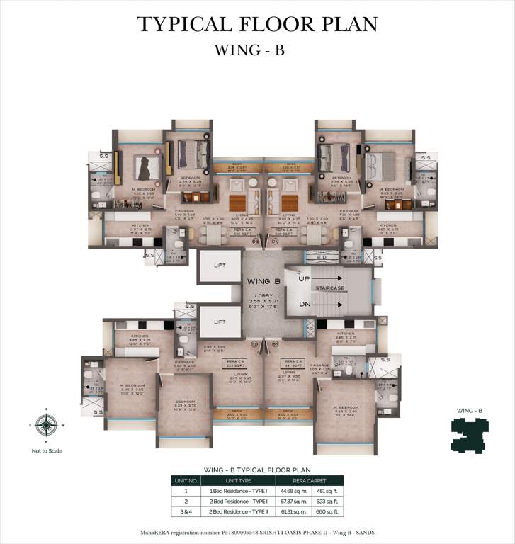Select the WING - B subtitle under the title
[257, 51]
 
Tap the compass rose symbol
[46, 425]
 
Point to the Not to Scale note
[46, 450]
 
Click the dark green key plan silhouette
[469, 433]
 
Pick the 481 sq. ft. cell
[327, 490]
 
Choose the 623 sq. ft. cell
[327, 500]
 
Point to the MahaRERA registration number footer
[257, 531]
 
